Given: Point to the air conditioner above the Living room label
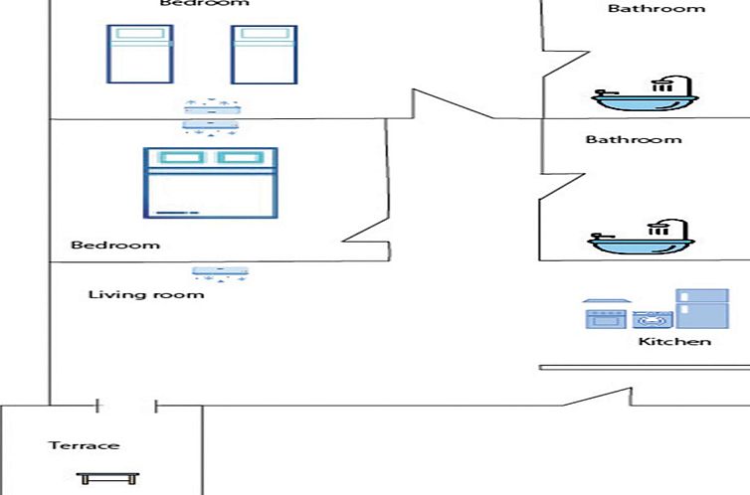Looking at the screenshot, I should [x=221, y=270].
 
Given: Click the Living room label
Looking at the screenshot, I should [x=145, y=294].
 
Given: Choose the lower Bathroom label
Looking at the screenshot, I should [x=633, y=140].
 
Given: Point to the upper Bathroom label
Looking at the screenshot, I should [x=656, y=9].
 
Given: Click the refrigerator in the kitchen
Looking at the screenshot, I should [x=701, y=308].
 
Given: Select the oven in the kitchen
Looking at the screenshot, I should [x=604, y=318].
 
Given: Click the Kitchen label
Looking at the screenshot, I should [x=674, y=342].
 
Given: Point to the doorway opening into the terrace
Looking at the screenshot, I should [x=126, y=406].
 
